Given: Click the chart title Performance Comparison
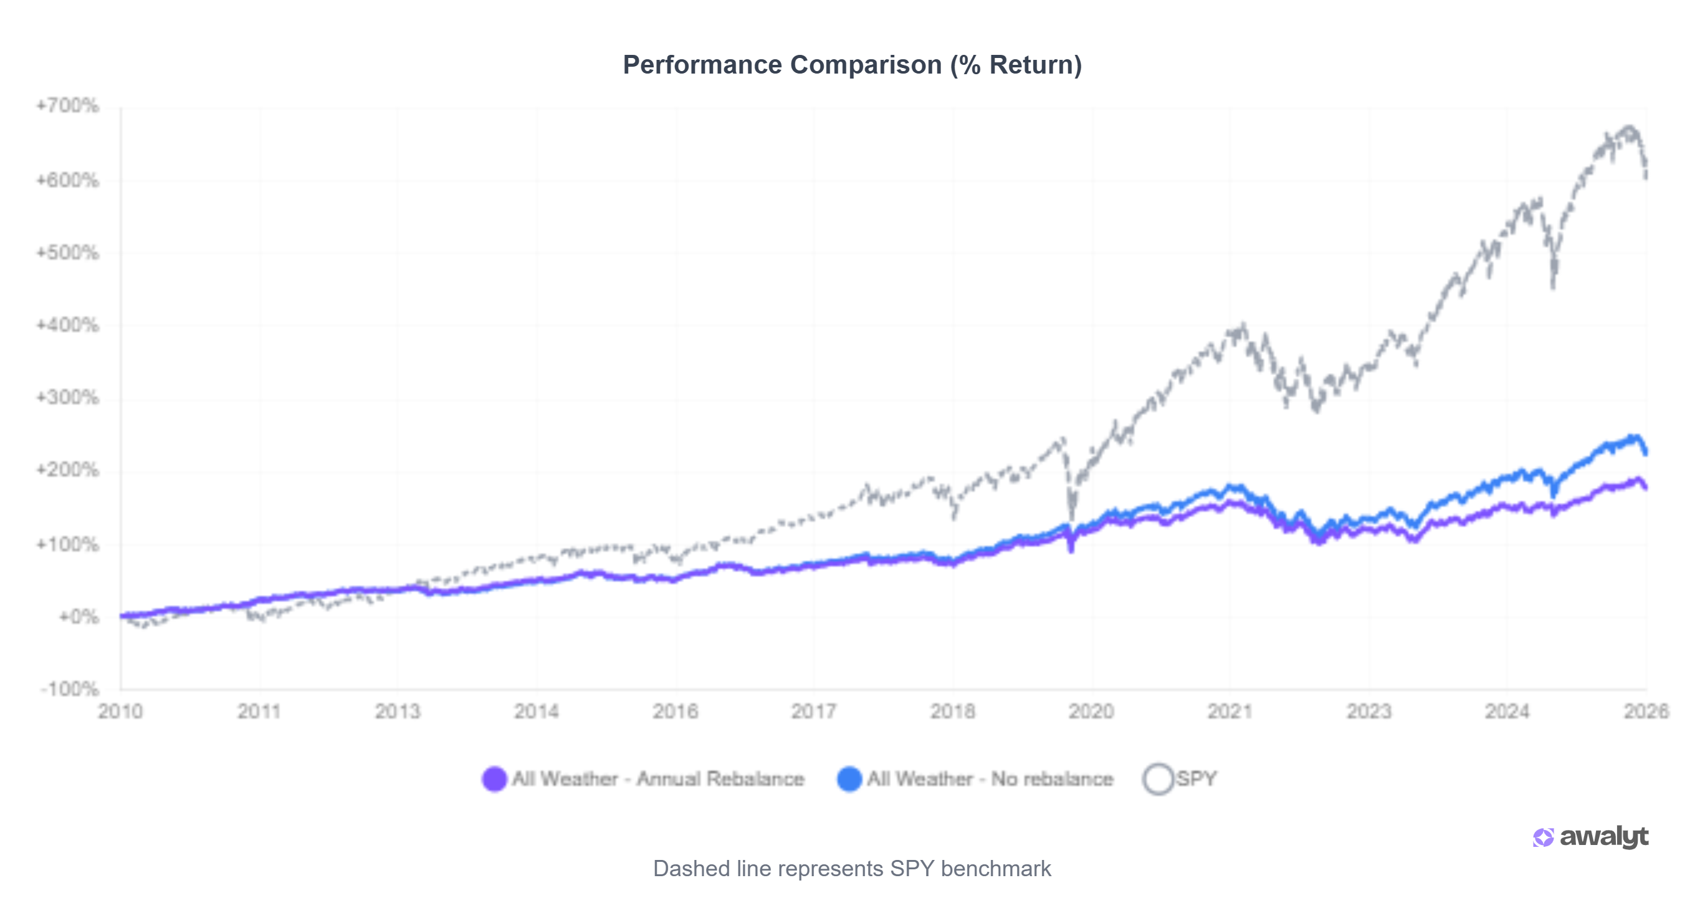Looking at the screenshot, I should tap(852, 65).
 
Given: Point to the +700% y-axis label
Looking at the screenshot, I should tap(68, 106).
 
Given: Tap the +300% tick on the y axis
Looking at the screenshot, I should tap(68, 397).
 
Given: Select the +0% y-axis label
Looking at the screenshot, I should tap(79, 617).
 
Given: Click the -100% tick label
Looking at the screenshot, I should tap(70, 689).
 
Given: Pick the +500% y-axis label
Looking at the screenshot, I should tap(68, 253).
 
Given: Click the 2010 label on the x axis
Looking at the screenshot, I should tap(120, 712).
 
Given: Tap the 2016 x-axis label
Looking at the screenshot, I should tap(675, 712).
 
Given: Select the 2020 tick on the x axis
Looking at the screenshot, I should tap(1091, 712).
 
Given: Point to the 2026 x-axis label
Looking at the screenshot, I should tap(1646, 712).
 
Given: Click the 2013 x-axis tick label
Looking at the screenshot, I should tap(398, 712).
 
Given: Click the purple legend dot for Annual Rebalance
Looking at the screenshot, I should tap(494, 780).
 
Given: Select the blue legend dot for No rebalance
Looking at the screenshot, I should tap(849, 780).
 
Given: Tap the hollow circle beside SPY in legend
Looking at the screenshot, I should tap(1158, 780).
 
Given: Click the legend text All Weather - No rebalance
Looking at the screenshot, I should tap(990, 780).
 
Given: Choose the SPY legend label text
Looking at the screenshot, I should tap(1196, 780).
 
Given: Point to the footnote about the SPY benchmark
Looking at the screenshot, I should tap(852, 869).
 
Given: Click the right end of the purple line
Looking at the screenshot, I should tap(1645, 488).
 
